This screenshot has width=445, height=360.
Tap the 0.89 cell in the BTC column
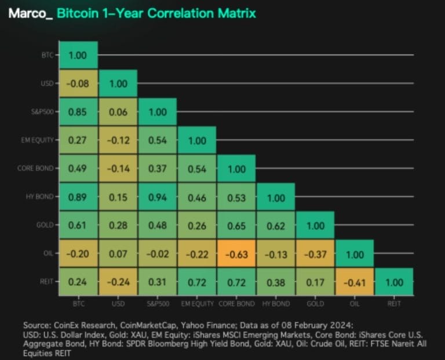click(79, 197)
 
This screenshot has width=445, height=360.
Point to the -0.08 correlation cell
click(79, 83)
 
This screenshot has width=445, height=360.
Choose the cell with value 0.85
click(79, 112)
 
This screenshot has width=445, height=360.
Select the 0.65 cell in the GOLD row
click(236, 225)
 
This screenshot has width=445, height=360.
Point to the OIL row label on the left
click(48, 253)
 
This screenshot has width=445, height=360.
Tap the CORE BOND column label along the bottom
click(236, 303)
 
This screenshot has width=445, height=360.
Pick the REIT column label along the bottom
click(394, 303)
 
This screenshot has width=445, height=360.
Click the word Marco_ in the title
click(30, 13)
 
